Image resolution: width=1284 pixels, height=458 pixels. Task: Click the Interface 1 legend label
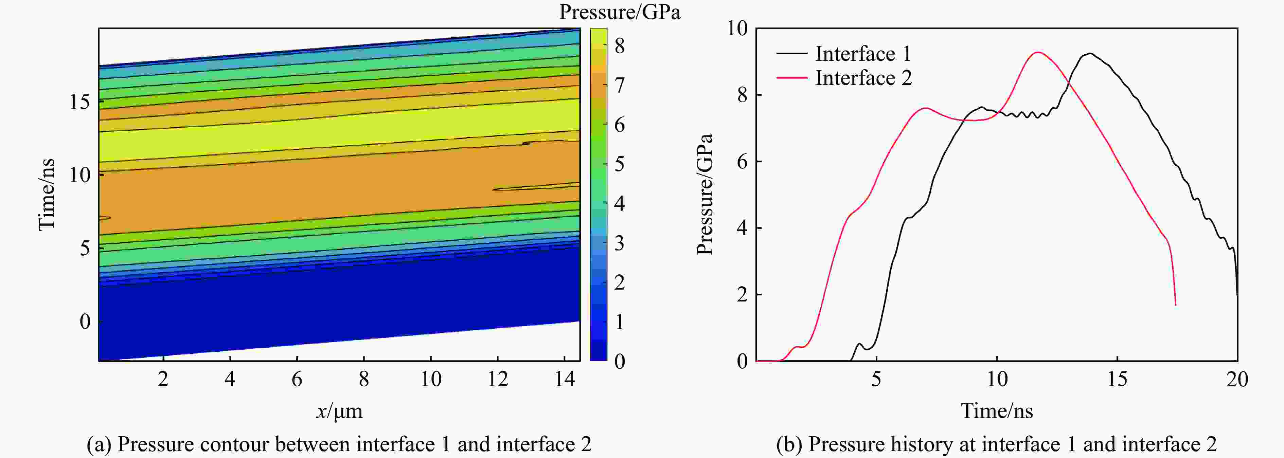point(863,54)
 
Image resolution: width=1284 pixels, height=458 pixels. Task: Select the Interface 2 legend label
point(863,78)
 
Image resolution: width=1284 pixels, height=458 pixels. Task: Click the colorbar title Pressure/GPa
point(620,12)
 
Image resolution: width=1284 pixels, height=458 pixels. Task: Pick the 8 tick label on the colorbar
point(620,47)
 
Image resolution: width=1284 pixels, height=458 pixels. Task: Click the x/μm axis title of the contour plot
point(339,411)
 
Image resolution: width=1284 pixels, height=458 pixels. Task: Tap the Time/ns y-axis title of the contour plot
point(46,194)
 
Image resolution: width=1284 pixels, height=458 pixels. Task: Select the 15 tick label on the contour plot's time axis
point(79,102)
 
